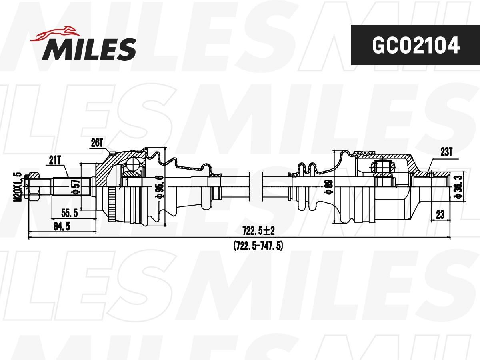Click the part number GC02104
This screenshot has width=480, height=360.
[416, 45]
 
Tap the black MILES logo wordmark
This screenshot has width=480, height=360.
[89, 49]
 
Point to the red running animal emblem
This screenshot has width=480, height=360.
[55, 34]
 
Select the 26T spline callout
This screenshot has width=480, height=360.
[97, 143]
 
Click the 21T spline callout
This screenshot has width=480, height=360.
[55, 160]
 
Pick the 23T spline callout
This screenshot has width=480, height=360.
[446, 152]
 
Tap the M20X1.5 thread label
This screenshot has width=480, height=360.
[18, 187]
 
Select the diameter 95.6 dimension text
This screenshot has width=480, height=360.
[160, 187]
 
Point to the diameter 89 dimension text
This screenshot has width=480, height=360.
[329, 186]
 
